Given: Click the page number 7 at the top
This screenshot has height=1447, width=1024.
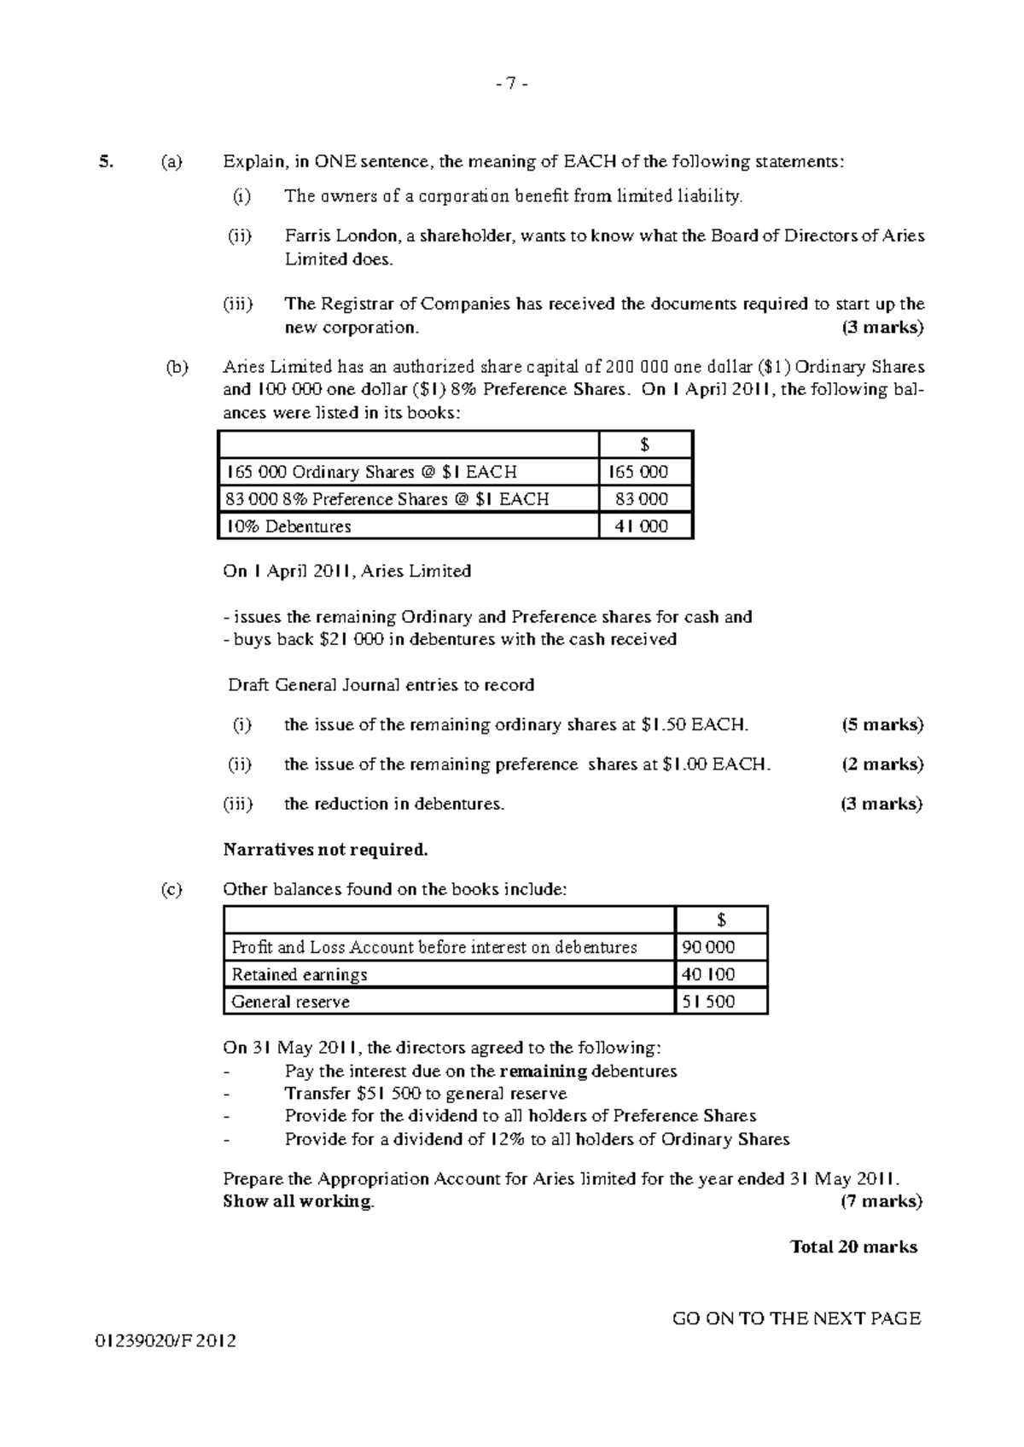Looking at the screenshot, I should (511, 84).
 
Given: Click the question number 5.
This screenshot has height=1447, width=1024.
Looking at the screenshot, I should (105, 161).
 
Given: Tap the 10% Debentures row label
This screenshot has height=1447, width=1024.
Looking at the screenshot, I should (288, 526).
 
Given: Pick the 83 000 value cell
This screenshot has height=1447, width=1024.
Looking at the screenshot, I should (642, 499).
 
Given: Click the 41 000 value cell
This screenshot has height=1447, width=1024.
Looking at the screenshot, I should (642, 526).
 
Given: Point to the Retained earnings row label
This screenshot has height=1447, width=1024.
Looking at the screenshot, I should (300, 974).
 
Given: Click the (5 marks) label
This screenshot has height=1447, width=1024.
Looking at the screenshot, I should (882, 725).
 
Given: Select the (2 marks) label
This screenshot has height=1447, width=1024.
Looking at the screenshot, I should (882, 764).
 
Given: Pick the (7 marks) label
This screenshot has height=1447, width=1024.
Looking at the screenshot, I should (882, 1201).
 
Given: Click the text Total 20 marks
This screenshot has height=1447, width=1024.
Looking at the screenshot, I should (853, 1247).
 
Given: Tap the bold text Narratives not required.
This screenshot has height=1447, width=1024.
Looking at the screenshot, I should (325, 850).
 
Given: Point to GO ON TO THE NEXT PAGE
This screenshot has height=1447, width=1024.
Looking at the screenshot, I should (796, 1319).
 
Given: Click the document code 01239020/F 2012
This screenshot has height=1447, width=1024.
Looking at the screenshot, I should (166, 1341).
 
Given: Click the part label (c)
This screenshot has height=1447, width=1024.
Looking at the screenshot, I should (172, 890).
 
